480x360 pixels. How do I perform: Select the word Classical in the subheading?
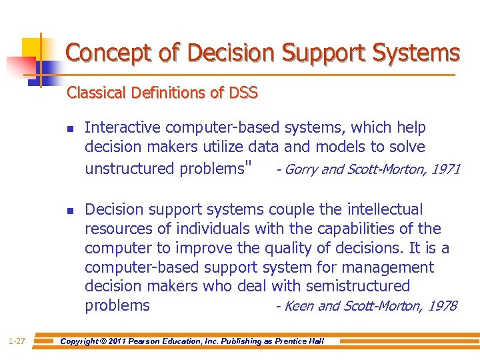click(93, 93)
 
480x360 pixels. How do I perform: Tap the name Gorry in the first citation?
click(300, 169)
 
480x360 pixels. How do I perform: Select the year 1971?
click(445, 169)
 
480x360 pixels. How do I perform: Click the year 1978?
click(442, 306)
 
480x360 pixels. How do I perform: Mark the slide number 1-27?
click(17, 341)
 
